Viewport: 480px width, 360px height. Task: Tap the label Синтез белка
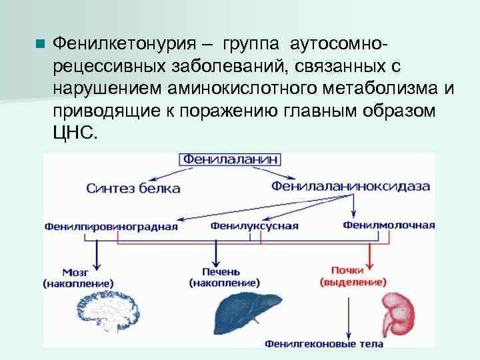click(x=133, y=188)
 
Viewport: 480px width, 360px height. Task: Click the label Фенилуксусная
click(x=255, y=225)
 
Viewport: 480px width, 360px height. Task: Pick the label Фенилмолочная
click(x=389, y=225)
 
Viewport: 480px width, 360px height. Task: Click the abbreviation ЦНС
click(x=74, y=131)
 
